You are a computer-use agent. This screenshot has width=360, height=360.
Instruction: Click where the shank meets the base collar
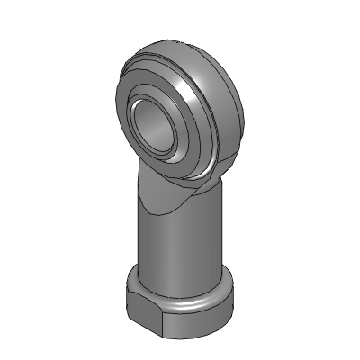point(180,274)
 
